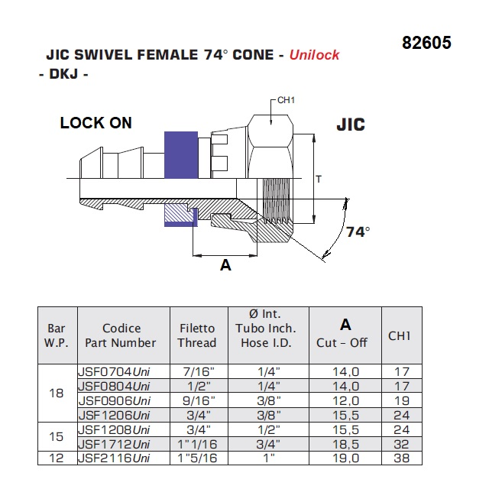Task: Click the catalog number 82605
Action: click(x=426, y=43)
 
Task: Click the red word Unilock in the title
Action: click(x=314, y=55)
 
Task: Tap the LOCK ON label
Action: click(x=96, y=122)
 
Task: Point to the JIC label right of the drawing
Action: click(x=351, y=125)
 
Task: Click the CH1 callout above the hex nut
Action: click(x=286, y=100)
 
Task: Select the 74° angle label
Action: click(x=358, y=232)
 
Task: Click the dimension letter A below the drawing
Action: click(x=225, y=265)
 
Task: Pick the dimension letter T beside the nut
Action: click(x=319, y=180)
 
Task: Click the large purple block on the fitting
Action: click(x=181, y=155)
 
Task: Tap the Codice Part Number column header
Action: click(x=121, y=335)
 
